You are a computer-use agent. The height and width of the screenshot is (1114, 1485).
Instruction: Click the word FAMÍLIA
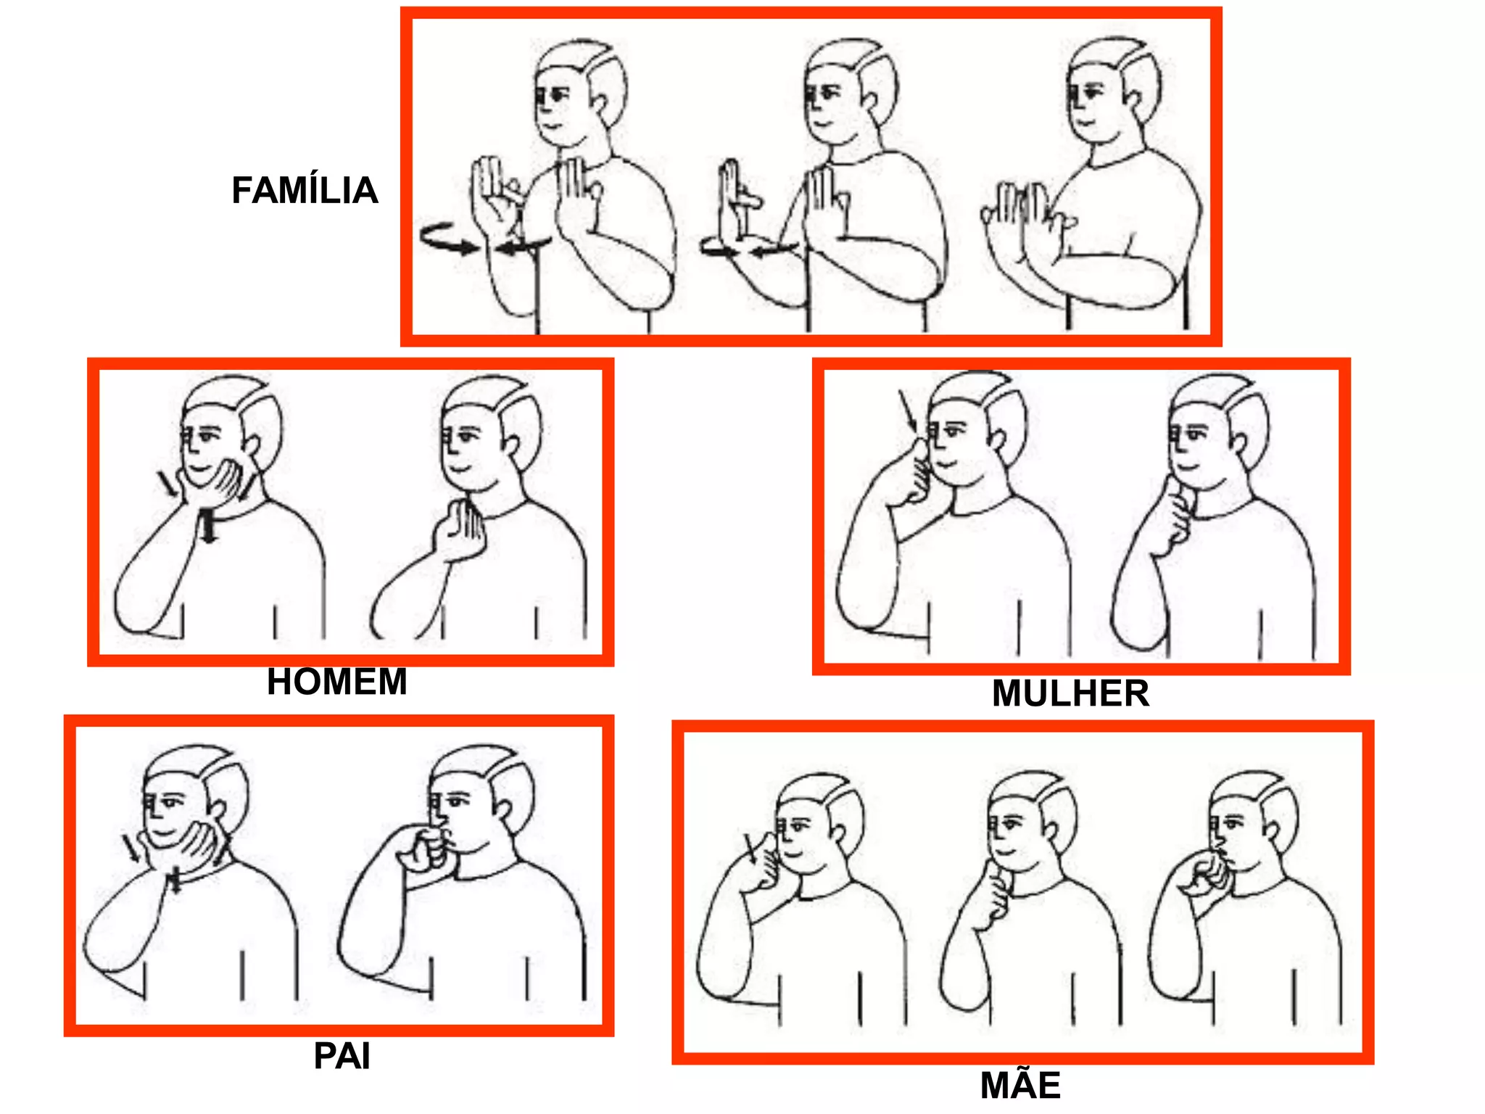click(x=305, y=190)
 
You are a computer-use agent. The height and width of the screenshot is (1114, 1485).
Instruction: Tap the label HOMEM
click(x=337, y=682)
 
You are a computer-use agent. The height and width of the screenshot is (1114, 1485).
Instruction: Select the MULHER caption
click(x=1070, y=693)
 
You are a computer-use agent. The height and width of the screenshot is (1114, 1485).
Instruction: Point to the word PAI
click(x=342, y=1056)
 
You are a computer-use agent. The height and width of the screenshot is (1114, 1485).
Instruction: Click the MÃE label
click(x=1020, y=1085)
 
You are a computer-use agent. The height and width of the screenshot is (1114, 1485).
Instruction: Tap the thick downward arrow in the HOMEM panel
click(x=209, y=526)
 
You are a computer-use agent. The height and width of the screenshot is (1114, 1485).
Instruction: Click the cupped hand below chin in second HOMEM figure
click(x=458, y=529)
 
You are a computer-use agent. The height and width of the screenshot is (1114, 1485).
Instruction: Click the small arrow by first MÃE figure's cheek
click(x=751, y=847)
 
